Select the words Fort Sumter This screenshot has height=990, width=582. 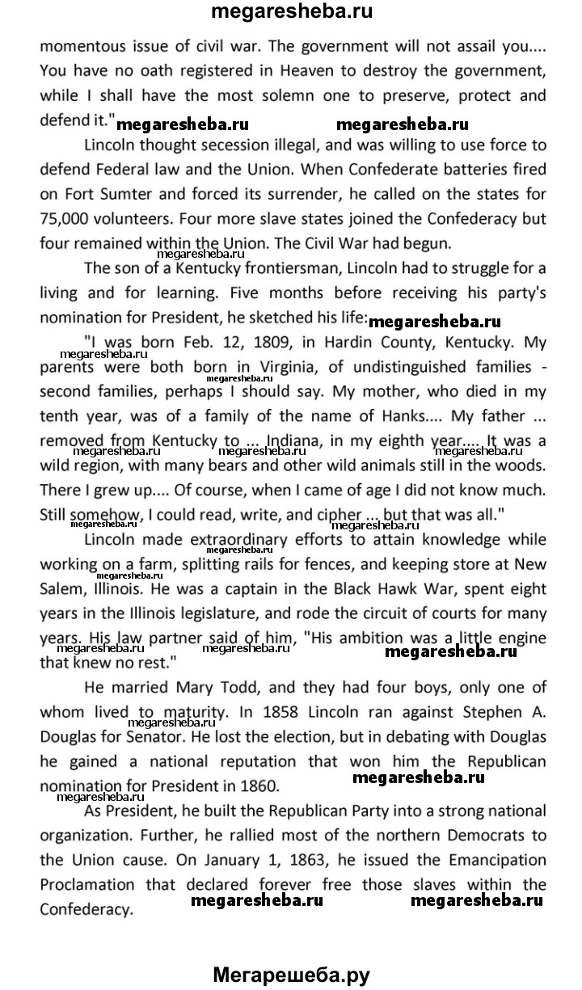tap(108, 195)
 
